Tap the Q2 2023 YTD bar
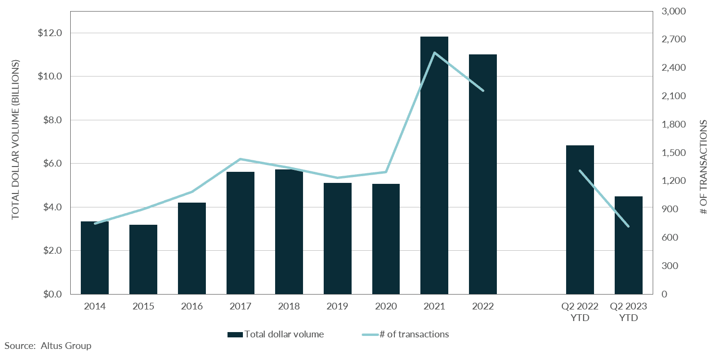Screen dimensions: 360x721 pos(628,245)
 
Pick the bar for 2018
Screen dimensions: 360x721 pos(289,231)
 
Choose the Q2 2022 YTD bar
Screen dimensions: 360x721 pos(580,219)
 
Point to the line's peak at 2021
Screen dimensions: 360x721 pos(434,52)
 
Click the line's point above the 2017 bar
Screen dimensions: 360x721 pos(240,159)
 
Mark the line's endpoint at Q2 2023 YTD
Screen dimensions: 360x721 pos(628,226)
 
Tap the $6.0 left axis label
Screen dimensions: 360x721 pos(52,164)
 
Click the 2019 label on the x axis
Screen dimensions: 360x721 pos(337,307)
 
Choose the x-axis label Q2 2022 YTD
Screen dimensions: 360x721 pos(580,312)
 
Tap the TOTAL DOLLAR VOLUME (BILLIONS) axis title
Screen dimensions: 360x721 pos(16,140)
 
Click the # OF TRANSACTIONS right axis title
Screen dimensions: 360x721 pos(703,167)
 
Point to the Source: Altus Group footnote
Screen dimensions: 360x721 pos(48,346)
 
